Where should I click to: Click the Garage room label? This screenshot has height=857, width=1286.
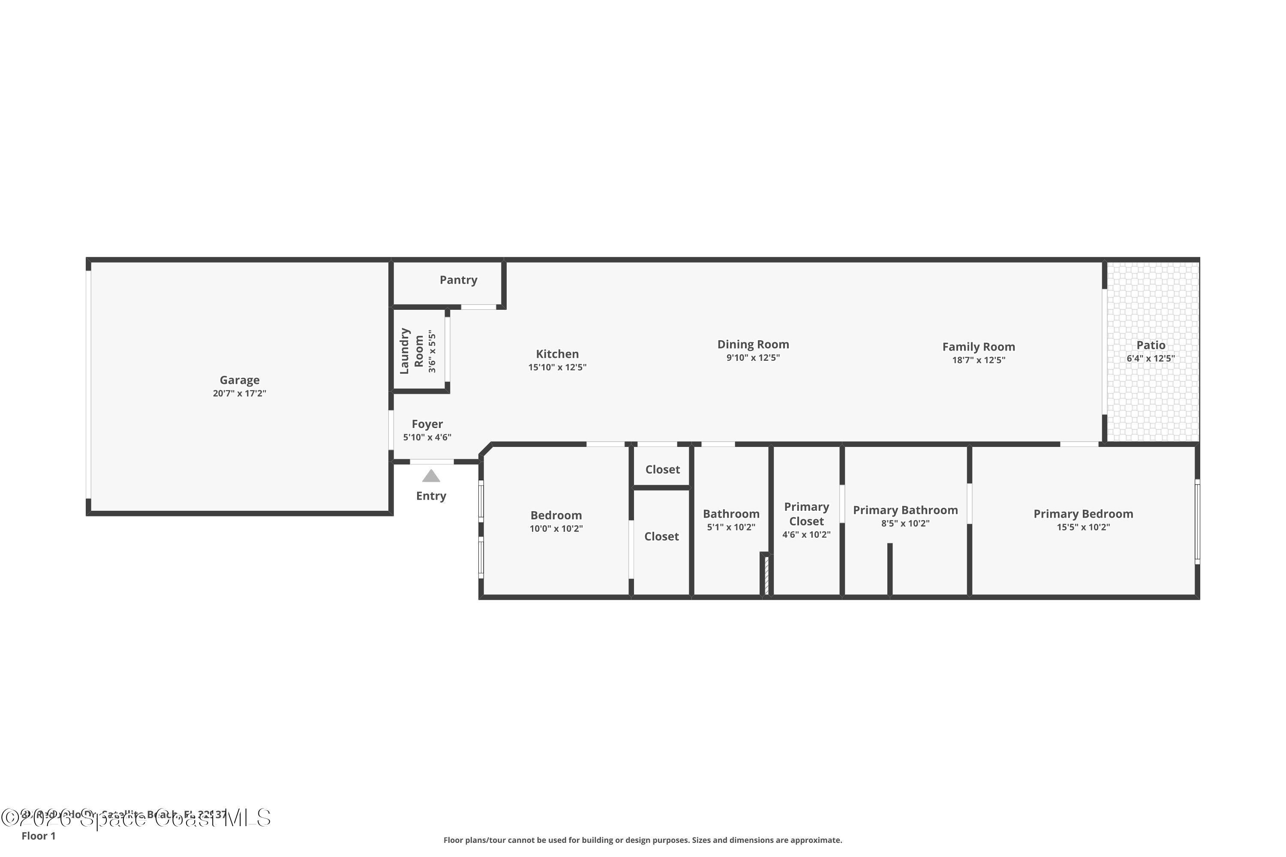[240, 380]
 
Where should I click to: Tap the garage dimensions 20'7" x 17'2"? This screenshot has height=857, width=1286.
[240, 393]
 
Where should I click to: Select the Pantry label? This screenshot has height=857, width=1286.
[458, 280]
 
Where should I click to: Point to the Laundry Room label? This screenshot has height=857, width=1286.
[412, 351]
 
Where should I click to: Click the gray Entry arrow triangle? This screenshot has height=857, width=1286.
[431, 476]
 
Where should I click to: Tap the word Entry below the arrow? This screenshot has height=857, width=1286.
[431, 496]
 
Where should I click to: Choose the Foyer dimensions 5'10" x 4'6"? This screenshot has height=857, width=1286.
[427, 437]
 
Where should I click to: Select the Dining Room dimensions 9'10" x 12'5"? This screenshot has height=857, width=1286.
[753, 358]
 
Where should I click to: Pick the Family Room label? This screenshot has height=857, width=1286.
[978, 347]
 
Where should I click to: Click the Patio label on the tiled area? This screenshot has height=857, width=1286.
[1151, 345]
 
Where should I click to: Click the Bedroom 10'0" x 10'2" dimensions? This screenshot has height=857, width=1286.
[556, 528]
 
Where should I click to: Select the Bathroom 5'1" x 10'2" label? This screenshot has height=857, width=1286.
[731, 514]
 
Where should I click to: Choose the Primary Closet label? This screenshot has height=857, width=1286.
[806, 514]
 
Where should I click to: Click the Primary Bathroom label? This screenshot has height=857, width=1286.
[905, 510]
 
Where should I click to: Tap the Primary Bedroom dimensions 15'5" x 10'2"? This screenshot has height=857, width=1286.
[1083, 527]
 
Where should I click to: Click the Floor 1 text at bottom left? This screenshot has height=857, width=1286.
[38, 836]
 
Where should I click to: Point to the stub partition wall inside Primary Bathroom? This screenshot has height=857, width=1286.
[889, 569]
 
